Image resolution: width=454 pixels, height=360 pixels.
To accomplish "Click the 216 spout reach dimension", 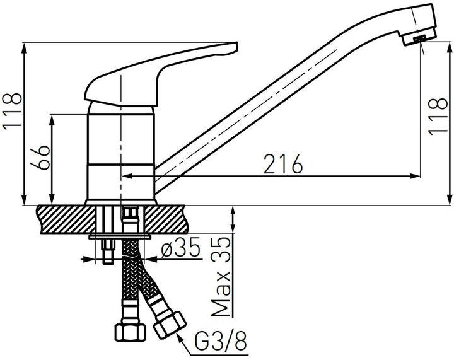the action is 283,164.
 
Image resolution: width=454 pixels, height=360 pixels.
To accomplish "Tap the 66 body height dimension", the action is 40,158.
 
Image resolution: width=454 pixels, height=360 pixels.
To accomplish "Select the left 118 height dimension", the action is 12,111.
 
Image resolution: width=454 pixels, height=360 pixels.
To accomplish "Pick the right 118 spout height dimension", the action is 438,117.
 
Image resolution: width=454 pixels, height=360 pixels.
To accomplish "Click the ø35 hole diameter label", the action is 181,248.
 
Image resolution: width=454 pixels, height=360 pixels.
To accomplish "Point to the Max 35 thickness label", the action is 221,277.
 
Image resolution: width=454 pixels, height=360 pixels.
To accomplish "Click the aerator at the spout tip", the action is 419,39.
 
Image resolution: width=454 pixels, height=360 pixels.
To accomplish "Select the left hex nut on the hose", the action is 129,334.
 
